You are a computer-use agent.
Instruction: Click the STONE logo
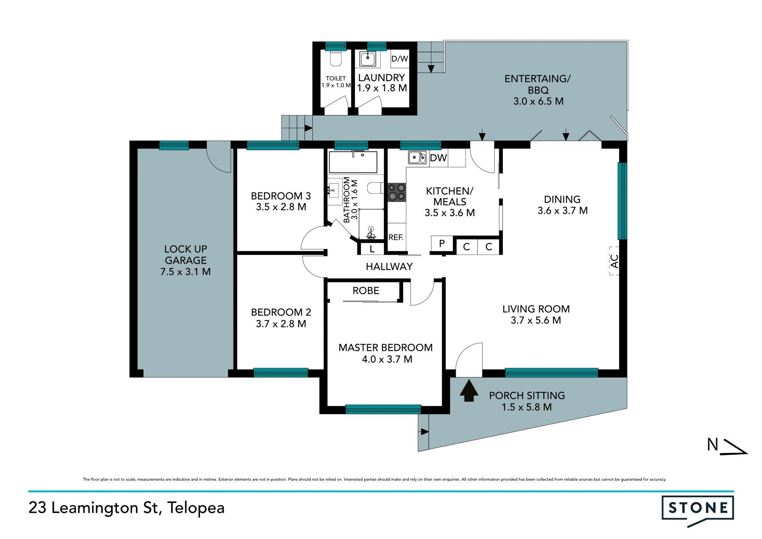697,510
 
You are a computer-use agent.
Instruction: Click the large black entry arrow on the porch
469,390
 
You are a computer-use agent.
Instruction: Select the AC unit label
614,261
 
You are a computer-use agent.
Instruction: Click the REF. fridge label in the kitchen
396,238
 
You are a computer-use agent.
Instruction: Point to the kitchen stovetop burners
396,192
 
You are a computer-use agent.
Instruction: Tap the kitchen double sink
417,157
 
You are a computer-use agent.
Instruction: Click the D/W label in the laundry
400,59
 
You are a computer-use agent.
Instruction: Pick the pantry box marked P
442,243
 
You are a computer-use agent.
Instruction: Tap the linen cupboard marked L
372,249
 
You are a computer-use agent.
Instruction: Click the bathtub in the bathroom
353,162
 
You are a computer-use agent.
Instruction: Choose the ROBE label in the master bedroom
366,291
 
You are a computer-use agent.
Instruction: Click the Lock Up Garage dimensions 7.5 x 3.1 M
185,272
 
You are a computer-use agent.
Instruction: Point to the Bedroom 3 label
281,196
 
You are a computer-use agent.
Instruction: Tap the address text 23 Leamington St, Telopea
127,508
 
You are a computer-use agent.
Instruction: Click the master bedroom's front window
383,409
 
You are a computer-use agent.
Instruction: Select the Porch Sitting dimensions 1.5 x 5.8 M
527,407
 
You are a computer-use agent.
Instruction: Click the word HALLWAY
389,267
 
